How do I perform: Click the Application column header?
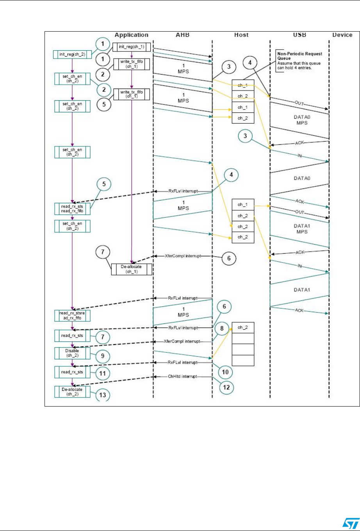point(132,35)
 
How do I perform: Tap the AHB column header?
point(183,35)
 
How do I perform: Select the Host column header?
point(241,35)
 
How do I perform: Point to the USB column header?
point(299,35)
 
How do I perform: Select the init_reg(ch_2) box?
point(72,54)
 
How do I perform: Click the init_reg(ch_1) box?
point(132,47)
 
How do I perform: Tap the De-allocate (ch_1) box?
point(132,270)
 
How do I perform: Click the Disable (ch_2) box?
point(71,353)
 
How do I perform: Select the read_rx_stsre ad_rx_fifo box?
point(71,315)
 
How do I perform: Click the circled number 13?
point(103,395)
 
